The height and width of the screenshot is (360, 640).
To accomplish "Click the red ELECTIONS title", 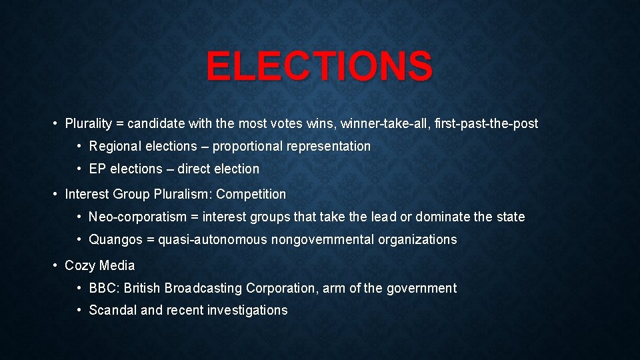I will (319, 66).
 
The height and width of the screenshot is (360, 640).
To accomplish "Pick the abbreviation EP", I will (97, 169).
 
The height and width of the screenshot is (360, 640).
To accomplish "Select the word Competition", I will (251, 195).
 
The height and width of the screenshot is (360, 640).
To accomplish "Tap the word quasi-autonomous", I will (213, 239).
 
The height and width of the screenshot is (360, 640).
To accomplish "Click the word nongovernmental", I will (323, 239).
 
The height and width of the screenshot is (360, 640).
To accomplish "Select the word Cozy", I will (79, 265).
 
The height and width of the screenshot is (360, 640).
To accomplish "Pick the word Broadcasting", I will (203, 288).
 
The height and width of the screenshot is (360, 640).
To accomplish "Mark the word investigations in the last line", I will (247, 310).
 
